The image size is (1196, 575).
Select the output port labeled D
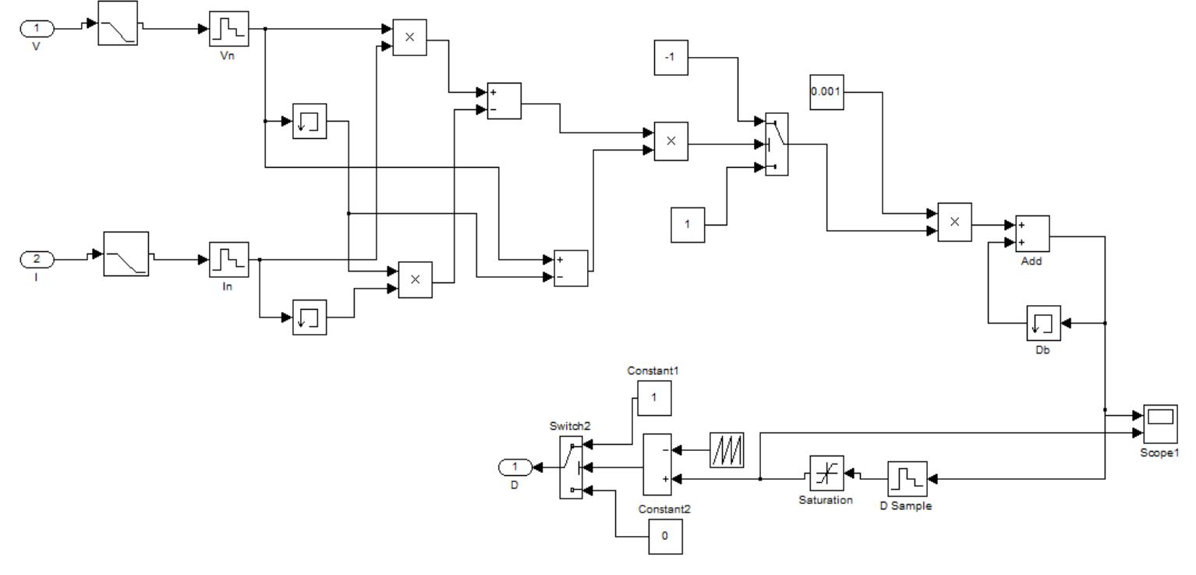coord(514,467)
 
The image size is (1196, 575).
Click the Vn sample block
coord(228,30)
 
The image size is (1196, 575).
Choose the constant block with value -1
coord(671,58)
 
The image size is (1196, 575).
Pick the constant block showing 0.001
coord(826,92)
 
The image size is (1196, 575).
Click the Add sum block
coord(1032,232)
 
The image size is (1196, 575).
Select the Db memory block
coord(1042,323)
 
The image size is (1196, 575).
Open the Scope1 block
coord(1160,422)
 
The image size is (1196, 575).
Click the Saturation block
coord(826,473)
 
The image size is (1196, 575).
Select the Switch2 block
coord(571,467)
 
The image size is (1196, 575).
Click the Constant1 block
coord(654,398)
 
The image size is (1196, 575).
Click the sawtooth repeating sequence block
coord(727,450)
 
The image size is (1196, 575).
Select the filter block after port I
coord(126,253)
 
